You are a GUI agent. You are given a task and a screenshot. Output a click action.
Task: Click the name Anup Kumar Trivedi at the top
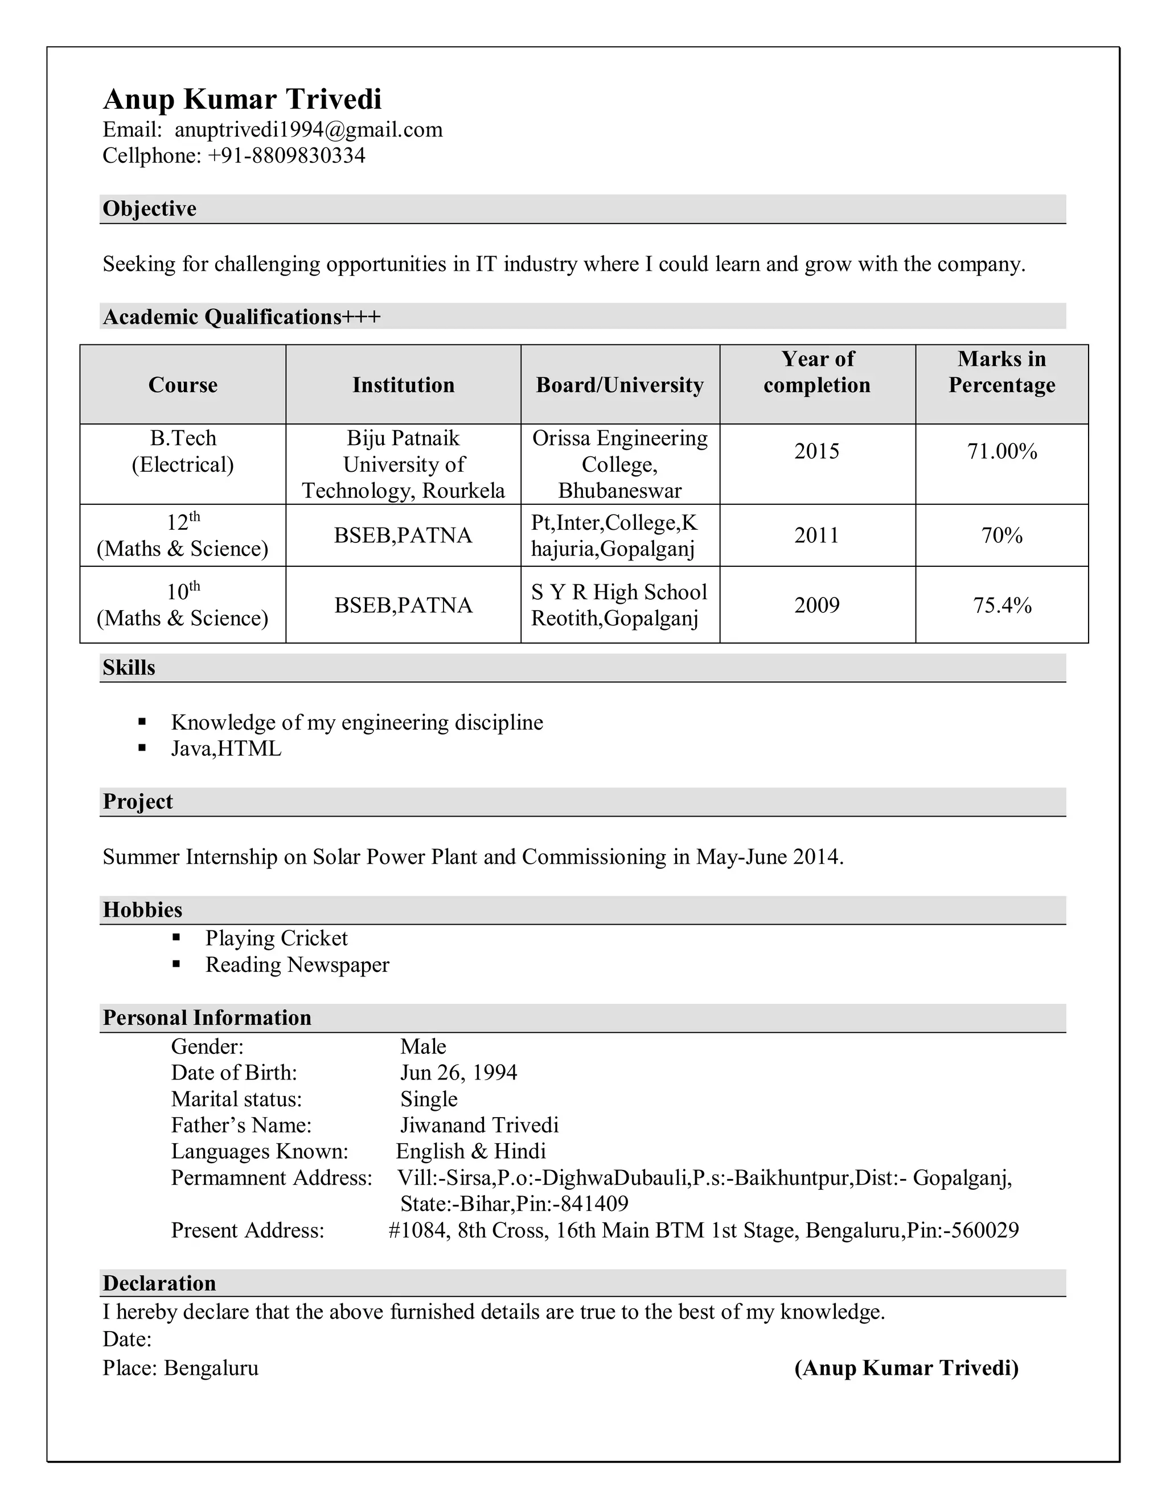click(242, 100)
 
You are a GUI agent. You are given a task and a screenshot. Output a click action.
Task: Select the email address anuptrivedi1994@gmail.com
click(308, 130)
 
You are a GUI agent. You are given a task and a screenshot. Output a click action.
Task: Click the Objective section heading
click(149, 208)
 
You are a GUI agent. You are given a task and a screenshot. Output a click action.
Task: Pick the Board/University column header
click(619, 385)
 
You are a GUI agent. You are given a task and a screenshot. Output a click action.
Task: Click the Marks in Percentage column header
click(1001, 372)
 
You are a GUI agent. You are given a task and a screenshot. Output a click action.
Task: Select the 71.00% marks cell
click(1001, 452)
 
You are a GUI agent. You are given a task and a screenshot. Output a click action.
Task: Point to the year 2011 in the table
click(816, 536)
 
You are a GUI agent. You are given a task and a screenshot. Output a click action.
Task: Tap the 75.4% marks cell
click(1001, 605)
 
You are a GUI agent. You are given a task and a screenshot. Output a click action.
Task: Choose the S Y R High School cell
click(619, 605)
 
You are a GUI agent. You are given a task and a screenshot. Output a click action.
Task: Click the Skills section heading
click(129, 668)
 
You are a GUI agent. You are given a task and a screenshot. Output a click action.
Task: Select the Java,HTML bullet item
click(226, 749)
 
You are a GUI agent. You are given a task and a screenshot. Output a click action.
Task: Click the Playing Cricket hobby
click(276, 938)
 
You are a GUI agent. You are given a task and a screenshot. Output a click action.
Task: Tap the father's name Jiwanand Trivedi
click(479, 1125)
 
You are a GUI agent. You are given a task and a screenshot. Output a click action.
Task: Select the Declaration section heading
click(159, 1283)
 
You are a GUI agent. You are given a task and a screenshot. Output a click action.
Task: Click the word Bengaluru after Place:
click(211, 1368)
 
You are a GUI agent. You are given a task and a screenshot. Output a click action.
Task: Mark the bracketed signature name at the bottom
click(906, 1368)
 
